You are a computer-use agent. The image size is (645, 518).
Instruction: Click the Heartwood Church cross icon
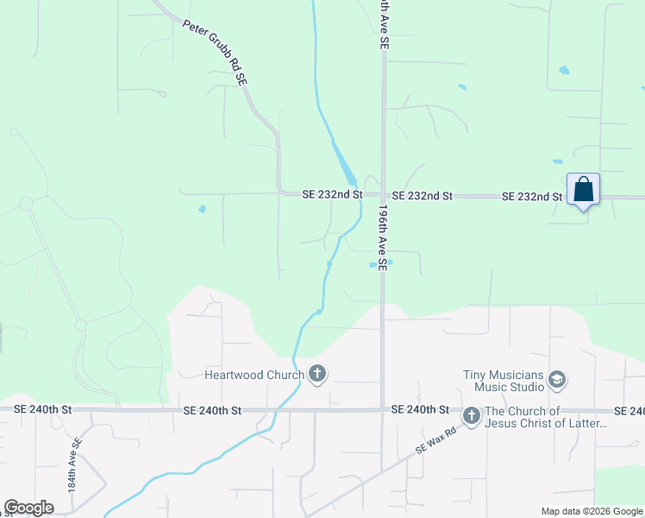tap(317, 374)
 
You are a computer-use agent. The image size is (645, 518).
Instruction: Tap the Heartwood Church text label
tap(254, 375)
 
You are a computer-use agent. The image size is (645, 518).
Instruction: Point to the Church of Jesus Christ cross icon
tap(471, 416)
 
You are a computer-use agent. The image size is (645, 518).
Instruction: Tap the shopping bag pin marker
tap(583, 189)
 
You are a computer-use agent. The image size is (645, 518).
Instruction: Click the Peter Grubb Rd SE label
tap(216, 53)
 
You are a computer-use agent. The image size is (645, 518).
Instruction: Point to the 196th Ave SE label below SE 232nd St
tap(383, 236)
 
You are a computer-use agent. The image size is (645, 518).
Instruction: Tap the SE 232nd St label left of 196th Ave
tap(332, 195)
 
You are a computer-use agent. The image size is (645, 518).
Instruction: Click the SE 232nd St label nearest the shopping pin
tap(532, 197)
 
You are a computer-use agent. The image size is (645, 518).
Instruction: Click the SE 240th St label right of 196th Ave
tap(420, 409)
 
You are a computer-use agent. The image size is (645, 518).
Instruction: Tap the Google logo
tap(28, 508)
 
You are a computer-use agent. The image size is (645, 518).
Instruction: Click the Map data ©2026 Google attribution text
tap(592, 511)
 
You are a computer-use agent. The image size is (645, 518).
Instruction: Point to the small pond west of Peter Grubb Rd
tap(202, 209)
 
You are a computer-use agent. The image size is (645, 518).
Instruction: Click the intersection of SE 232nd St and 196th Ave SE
tap(383, 196)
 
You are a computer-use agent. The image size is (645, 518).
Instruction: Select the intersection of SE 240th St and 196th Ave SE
tap(383, 409)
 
